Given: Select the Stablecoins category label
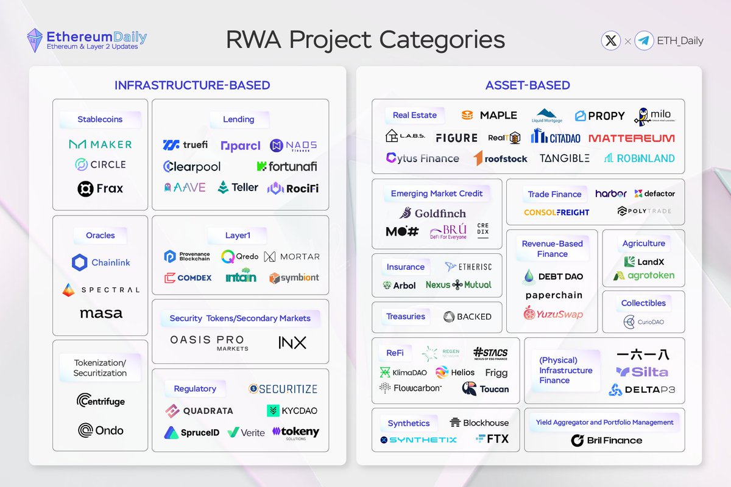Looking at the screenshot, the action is pyautogui.click(x=100, y=119).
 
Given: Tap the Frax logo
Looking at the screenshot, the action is pyautogui.click(x=101, y=189).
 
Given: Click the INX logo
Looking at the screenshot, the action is pyautogui.click(x=292, y=343).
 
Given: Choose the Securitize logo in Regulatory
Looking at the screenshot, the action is pyautogui.click(x=283, y=389).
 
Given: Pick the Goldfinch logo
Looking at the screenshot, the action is pyautogui.click(x=433, y=213).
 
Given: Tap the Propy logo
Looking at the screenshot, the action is pyautogui.click(x=600, y=116).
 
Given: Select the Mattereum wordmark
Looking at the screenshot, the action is pyautogui.click(x=632, y=138).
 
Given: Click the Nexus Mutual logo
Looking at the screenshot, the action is pyautogui.click(x=458, y=284).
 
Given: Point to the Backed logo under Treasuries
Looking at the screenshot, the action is pyautogui.click(x=467, y=317).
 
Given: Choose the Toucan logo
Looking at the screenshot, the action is pyautogui.click(x=486, y=389).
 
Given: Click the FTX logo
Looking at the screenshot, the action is pyautogui.click(x=493, y=439).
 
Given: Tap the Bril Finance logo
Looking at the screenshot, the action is pyautogui.click(x=606, y=440).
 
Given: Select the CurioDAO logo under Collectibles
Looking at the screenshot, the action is pyautogui.click(x=643, y=322).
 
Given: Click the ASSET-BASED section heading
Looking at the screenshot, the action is pyautogui.click(x=528, y=85).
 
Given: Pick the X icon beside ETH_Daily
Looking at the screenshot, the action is pyautogui.click(x=610, y=41).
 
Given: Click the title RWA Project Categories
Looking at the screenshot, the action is pyautogui.click(x=365, y=40).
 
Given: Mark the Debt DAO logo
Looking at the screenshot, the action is pyautogui.click(x=553, y=276).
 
